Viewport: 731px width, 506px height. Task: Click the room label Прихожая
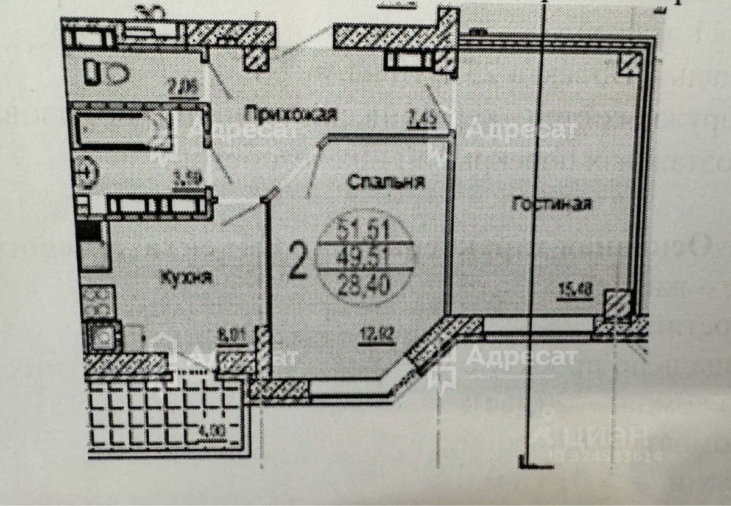(x=290, y=113)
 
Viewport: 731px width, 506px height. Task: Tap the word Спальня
(x=386, y=181)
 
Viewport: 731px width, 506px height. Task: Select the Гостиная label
(x=552, y=204)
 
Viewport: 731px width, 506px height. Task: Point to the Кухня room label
(x=186, y=278)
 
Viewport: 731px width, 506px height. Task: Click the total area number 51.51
(x=365, y=231)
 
